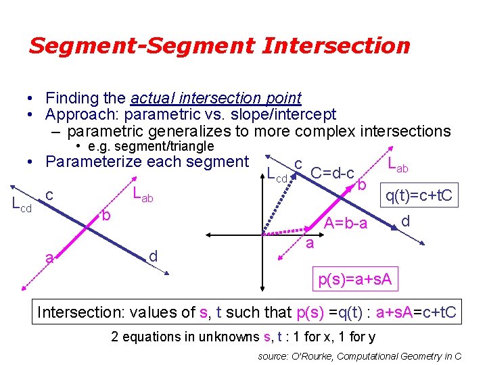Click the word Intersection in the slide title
pos(335,46)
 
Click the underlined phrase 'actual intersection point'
pos(216,98)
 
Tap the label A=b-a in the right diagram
pos(346,224)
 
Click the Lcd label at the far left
pos(22,203)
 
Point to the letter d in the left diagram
pos(153,255)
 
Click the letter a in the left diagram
pos(48,258)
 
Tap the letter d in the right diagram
pos(405,221)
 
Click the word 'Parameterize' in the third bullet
pos(91,162)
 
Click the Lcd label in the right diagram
pos(277,177)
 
